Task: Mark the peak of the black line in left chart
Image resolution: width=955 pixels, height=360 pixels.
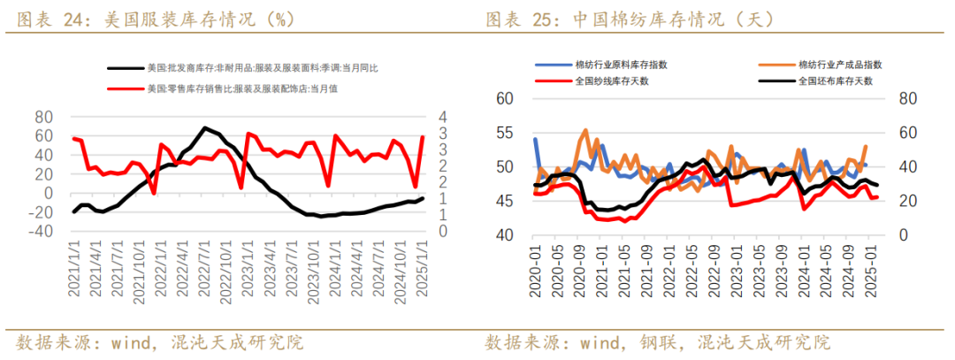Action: coord(205,127)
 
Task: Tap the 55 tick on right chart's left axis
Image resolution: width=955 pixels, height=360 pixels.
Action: coord(504,133)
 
